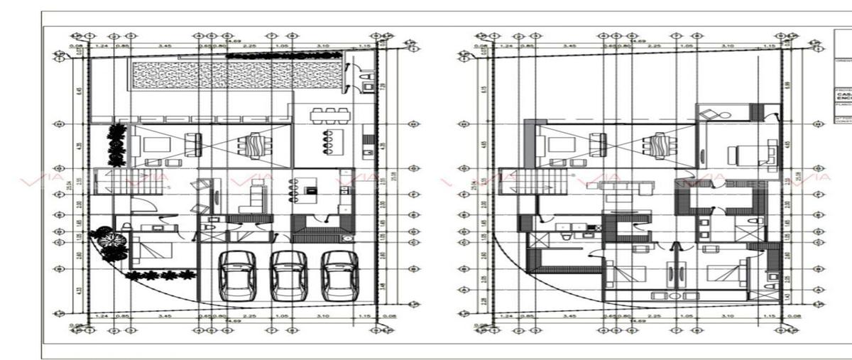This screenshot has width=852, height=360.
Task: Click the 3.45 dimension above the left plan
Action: pos(165,45)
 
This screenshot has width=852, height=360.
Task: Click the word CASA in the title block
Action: pos(843,94)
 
